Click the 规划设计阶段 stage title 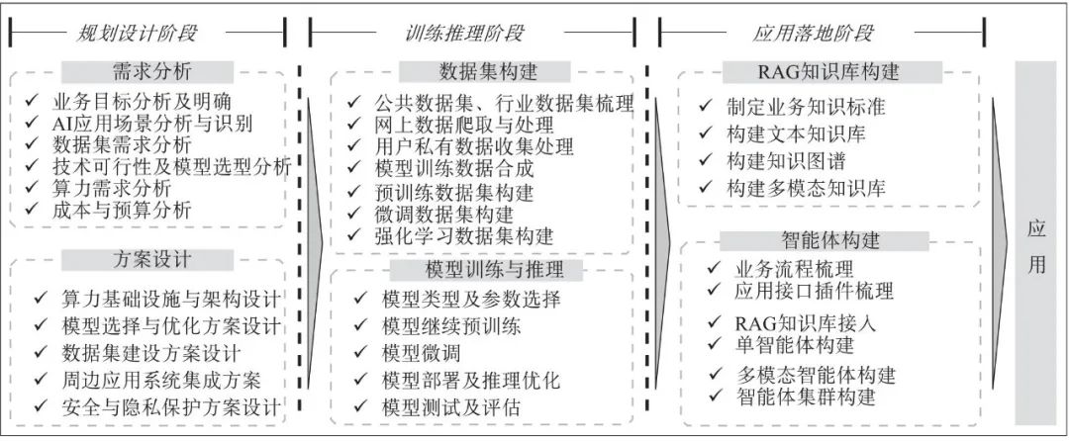click(x=138, y=33)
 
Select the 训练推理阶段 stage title click(x=464, y=33)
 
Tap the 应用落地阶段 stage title click(x=813, y=33)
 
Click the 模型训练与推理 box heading click(x=485, y=270)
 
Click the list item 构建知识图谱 click(x=786, y=159)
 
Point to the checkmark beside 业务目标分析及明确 click(x=34, y=102)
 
